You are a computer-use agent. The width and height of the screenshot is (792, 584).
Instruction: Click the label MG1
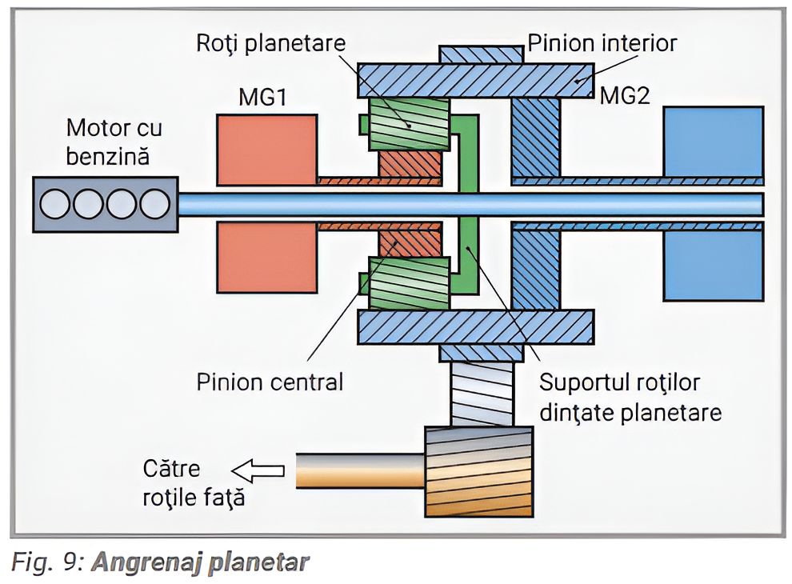click(262, 98)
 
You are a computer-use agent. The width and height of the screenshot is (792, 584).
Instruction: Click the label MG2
click(626, 97)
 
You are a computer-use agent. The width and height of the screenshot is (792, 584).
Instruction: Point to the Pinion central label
click(270, 382)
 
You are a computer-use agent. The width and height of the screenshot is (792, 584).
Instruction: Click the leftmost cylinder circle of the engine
click(56, 204)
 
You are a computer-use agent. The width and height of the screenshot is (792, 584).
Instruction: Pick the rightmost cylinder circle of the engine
click(155, 204)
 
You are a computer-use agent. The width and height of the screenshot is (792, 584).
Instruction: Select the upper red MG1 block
click(266, 150)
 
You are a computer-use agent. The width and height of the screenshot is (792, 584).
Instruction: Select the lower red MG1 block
click(266, 258)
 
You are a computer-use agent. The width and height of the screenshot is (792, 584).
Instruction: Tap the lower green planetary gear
click(408, 283)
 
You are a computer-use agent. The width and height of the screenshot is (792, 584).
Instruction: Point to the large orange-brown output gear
click(479, 471)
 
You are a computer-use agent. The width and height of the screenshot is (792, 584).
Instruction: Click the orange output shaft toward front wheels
click(360, 471)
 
